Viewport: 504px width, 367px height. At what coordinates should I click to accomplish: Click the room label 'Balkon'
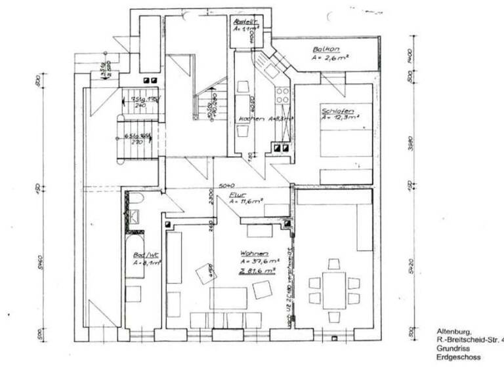(325, 49)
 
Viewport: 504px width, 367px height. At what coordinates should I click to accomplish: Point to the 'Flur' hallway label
(236, 195)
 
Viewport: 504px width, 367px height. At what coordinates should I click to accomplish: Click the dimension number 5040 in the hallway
(227, 185)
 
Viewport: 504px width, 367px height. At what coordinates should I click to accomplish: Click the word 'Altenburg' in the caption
(453, 332)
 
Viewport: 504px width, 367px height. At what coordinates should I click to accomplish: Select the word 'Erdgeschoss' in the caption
(458, 357)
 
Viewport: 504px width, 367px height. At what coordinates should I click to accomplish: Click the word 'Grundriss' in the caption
(452, 349)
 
